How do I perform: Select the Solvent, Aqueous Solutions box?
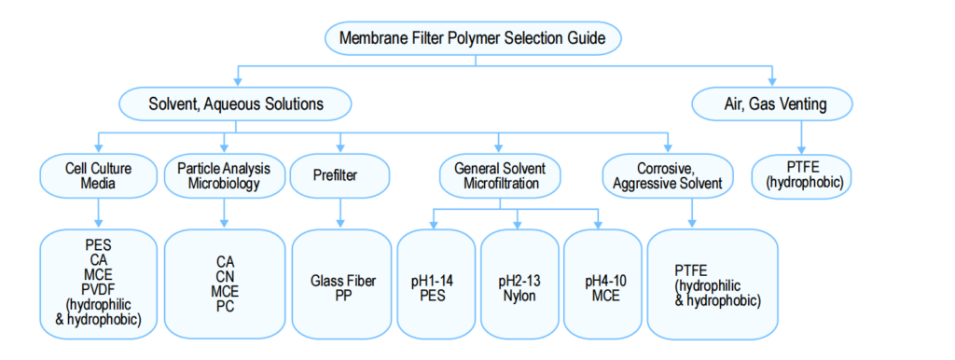236,104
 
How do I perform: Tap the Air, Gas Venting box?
773,104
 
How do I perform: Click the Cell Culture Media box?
99,175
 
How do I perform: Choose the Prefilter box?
339,175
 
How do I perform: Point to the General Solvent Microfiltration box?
499,175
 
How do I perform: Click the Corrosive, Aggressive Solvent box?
668,175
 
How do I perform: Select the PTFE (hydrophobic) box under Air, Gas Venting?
803,175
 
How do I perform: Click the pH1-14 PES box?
435,284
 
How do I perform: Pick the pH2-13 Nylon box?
518,284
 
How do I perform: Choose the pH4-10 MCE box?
602,284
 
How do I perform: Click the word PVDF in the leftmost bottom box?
99,291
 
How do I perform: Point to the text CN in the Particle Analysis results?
224,276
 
